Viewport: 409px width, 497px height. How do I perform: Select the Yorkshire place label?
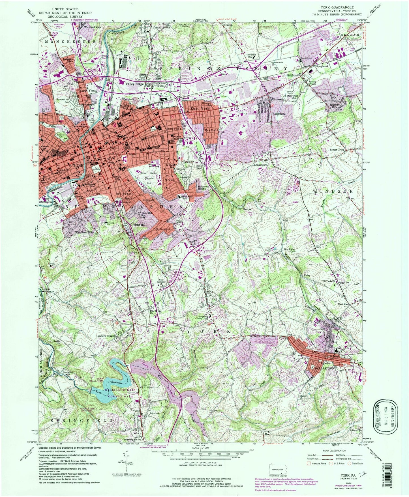pyautogui.click(x=279, y=114)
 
